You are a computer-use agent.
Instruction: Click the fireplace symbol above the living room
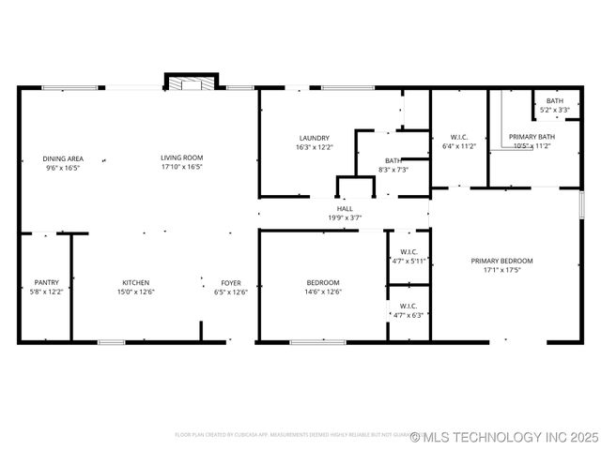click(x=192, y=83)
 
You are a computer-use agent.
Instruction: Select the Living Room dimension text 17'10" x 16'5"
click(x=182, y=168)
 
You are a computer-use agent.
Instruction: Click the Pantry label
click(x=47, y=282)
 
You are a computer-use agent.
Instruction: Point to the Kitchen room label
click(x=136, y=282)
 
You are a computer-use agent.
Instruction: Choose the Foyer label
click(x=231, y=282)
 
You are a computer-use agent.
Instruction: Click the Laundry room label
click(x=314, y=138)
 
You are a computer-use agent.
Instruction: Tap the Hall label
click(x=345, y=208)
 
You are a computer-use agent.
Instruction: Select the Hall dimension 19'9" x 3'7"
click(x=345, y=217)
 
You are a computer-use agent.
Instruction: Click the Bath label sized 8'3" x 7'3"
click(x=393, y=160)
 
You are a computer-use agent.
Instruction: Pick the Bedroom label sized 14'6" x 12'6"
click(x=323, y=282)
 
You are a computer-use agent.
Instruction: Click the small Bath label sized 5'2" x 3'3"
click(x=555, y=101)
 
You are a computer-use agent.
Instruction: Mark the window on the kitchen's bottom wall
click(x=112, y=342)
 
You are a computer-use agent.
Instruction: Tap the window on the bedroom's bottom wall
click(x=317, y=342)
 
